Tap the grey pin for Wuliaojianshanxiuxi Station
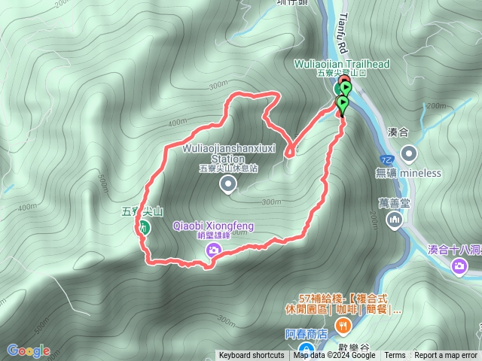click(x=227, y=184)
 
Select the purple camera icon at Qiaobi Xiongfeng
click(x=214, y=250)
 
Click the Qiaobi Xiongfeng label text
click(x=213, y=226)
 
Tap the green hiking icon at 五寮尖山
click(x=144, y=227)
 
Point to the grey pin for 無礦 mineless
click(x=409, y=154)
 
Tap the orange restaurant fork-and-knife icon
click(x=343, y=325)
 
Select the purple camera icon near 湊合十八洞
click(x=459, y=265)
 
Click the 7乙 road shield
click(x=386, y=159)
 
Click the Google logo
click(x=28, y=350)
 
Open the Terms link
click(x=395, y=356)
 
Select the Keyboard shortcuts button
click(x=252, y=356)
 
